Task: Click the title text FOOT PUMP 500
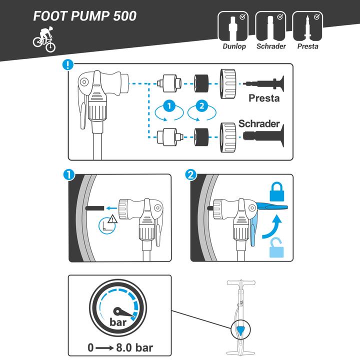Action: click(84, 16)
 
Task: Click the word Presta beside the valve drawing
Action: click(264, 98)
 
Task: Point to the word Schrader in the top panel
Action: click(259, 123)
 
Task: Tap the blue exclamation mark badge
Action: click(68, 65)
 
